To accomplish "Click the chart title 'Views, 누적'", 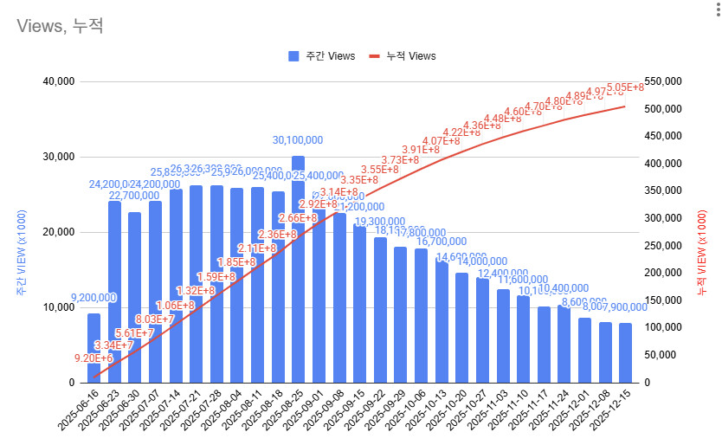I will pos(60,26).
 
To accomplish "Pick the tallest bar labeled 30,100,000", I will pos(298,269).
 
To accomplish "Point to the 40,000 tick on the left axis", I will pos(56,82).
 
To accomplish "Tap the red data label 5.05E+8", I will pos(625,87).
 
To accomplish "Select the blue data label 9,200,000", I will pos(93,298).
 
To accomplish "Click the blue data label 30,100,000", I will pos(298,140).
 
